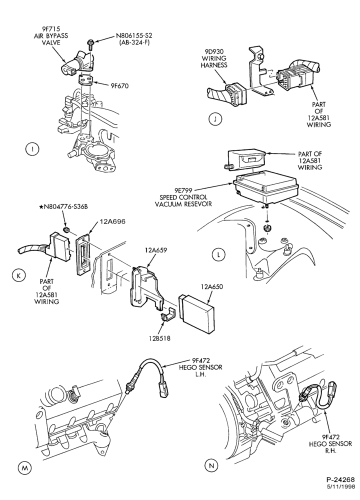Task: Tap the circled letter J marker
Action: (215, 119)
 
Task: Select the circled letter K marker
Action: (19, 275)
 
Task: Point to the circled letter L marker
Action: (218, 254)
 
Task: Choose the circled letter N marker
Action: (211, 465)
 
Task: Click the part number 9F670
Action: (119, 85)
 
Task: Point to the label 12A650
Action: (212, 286)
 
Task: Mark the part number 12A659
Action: (155, 250)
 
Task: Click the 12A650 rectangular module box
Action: (196, 313)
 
